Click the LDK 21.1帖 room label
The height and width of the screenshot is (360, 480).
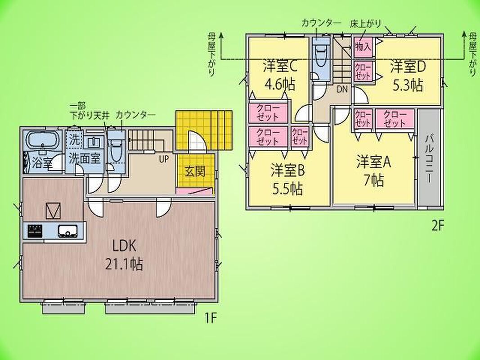124,255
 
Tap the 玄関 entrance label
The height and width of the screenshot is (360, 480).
195,171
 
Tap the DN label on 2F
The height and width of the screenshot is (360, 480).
342,90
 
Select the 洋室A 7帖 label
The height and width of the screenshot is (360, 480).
374,172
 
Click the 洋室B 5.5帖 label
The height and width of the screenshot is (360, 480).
288,180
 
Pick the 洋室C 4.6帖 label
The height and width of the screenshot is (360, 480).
279,75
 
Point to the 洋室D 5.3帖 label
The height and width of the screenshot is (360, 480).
408,76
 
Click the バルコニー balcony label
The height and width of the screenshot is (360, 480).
430,158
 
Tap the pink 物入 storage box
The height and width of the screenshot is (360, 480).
363,47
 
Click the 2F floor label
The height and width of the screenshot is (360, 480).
437,225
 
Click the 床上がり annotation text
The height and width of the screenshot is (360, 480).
365,24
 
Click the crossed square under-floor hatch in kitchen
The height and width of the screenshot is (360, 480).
53,211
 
